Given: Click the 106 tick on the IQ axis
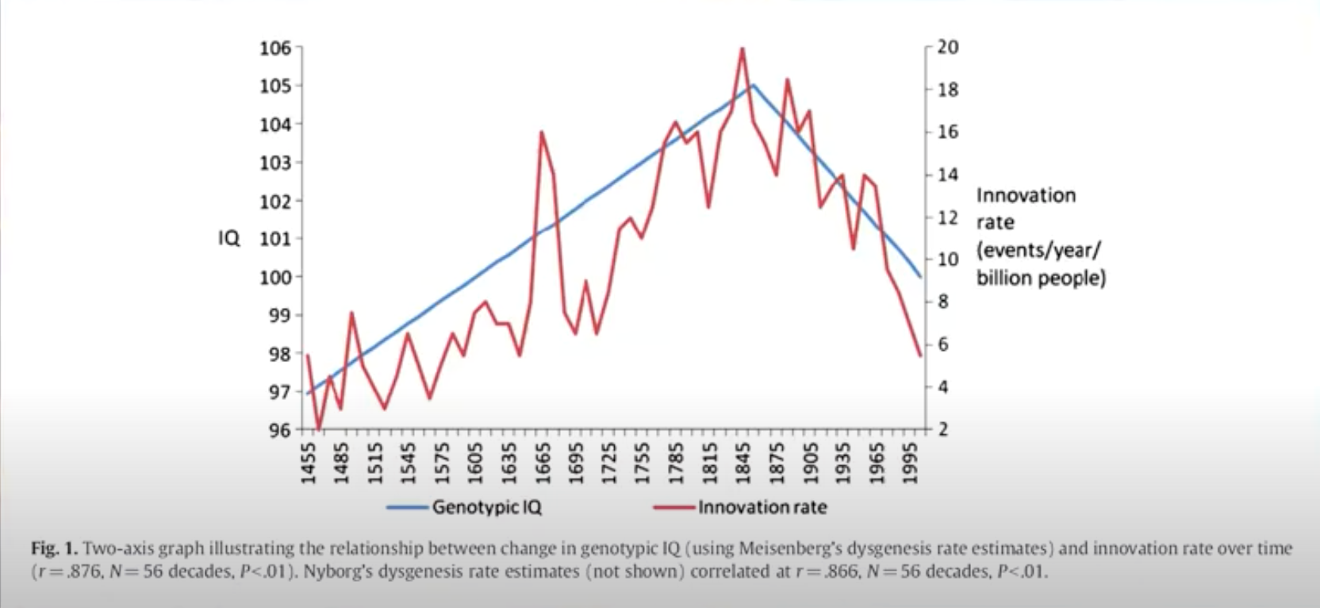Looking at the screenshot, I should click(275, 48).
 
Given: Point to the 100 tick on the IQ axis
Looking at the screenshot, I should click(275, 277).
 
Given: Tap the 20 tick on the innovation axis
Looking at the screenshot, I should click(948, 48).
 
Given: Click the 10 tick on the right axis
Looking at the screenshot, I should click(948, 260).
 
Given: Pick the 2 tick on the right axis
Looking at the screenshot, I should click(943, 429).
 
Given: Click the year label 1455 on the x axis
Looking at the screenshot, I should click(309, 463).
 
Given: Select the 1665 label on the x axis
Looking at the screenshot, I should click(543, 463).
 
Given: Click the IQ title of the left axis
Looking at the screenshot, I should click(229, 238).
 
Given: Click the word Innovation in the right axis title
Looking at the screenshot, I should click(1026, 195).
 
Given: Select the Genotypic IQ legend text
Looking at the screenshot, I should click(486, 507).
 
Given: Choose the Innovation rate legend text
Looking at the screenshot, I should click(762, 507).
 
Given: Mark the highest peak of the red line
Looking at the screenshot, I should click(742, 48).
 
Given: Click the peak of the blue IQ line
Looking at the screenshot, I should click(753, 85).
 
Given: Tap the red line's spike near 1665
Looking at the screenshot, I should click(541, 133).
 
